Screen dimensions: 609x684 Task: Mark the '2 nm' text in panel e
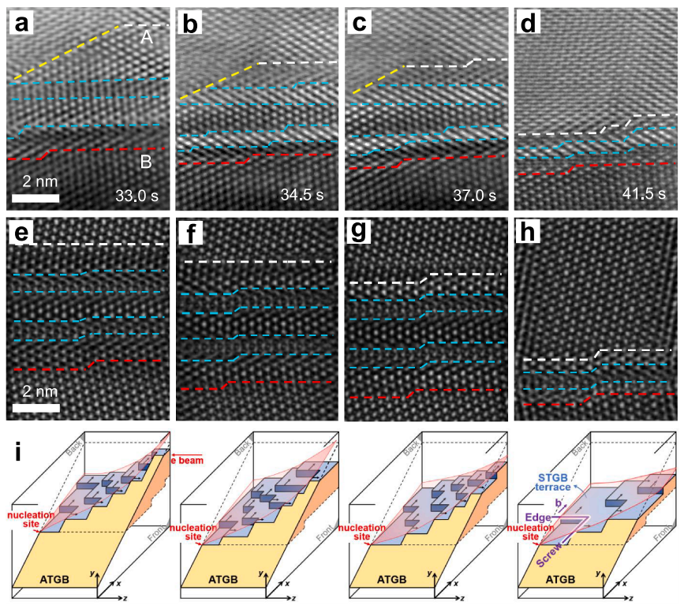click(36, 392)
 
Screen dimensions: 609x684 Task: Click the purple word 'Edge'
click(540, 518)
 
